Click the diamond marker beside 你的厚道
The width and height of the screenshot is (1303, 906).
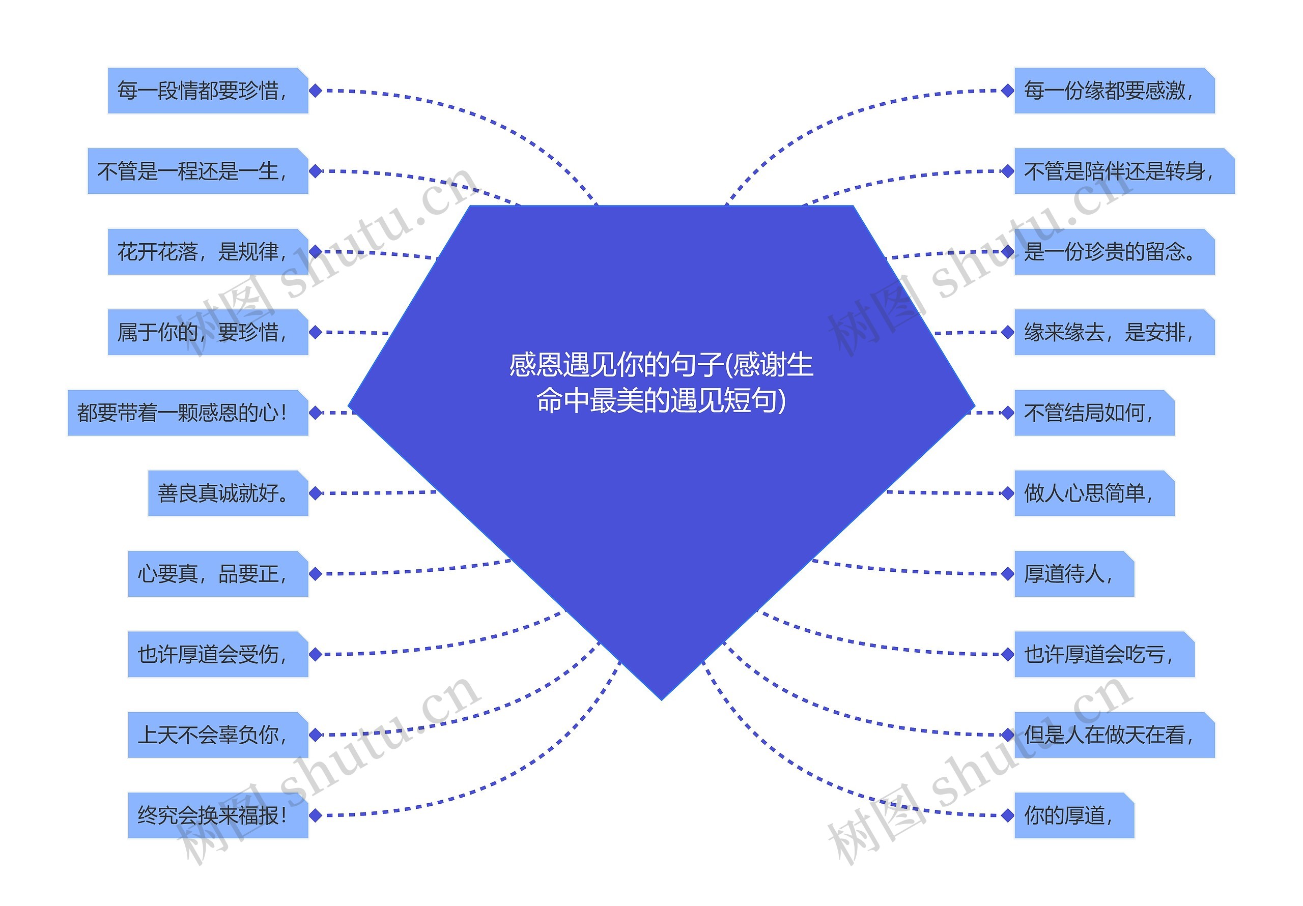[x=1007, y=816]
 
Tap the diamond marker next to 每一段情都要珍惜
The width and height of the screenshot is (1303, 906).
[x=316, y=91]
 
